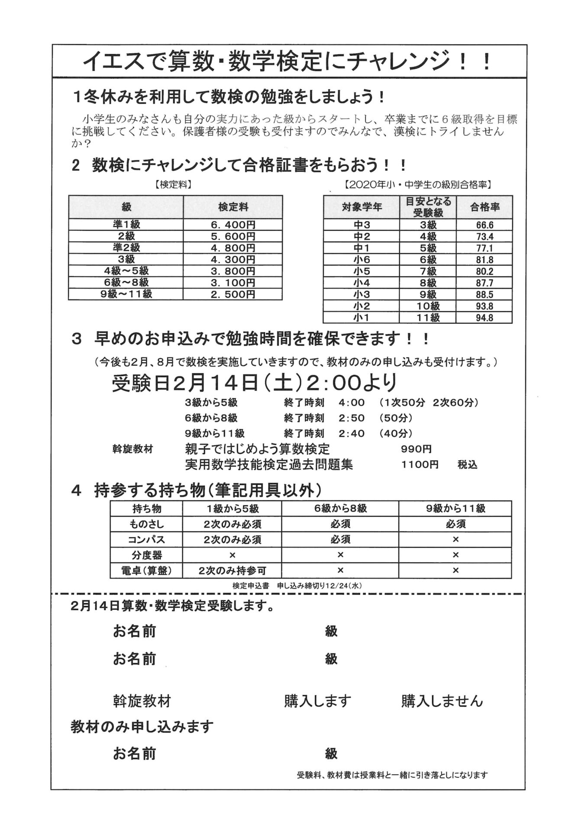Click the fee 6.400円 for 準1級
[x=233, y=225]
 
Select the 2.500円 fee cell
[x=233, y=294]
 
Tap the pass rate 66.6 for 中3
[x=484, y=225]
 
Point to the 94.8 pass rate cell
[x=484, y=318]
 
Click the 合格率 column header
[x=485, y=207]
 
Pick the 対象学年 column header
[x=362, y=207]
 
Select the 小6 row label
[x=362, y=260]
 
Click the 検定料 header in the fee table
[x=233, y=207]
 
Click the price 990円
[x=416, y=449]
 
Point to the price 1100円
[x=420, y=465]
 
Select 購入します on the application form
[x=317, y=701]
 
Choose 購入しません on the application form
[x=442, y=701]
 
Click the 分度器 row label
[x=147, y=555]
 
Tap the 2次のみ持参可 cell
[x=232, y=570]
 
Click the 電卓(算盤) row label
[x=147, y=570]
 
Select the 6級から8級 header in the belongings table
[x=340, y=509]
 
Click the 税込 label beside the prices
[x=467, y=465]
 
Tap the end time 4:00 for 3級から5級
[x=352, y=403]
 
